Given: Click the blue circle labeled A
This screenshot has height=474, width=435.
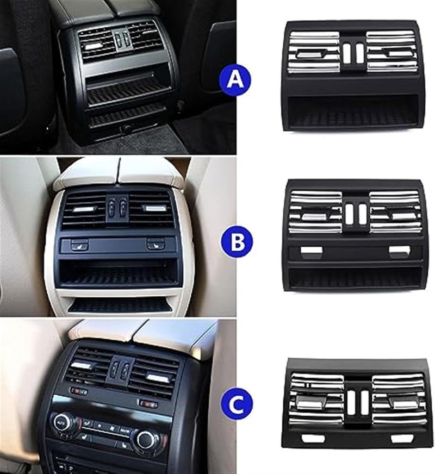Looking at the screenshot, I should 235,80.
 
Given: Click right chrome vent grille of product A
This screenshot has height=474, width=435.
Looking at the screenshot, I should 391,52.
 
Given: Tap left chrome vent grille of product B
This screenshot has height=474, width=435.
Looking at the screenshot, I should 315,212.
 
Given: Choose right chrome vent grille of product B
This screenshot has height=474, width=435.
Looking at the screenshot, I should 395,212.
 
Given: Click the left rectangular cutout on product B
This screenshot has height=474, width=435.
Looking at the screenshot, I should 311,251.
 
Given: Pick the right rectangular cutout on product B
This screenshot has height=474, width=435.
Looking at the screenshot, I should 400,251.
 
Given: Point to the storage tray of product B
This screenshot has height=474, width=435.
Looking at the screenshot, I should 355,278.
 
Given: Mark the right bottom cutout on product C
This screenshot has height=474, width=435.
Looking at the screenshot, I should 401,438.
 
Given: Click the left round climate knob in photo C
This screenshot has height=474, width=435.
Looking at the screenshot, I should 64,421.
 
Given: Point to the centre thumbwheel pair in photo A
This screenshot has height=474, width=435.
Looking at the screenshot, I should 121,39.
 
